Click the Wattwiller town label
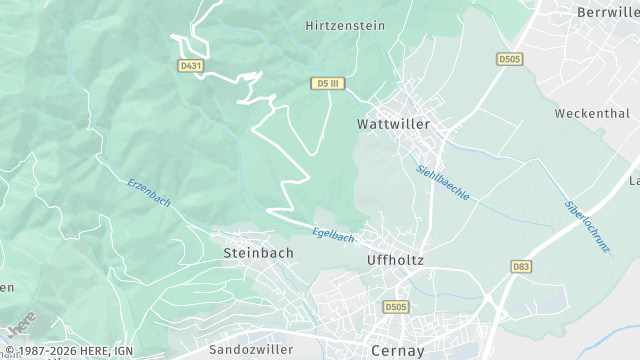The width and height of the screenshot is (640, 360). pyautogui.click(x=393, y=125)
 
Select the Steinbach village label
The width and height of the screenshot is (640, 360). pyautogui.click(x=258, y=253)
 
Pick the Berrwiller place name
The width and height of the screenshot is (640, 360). pyautogui.click(x=608, y=12)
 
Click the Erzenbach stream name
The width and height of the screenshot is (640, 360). pyautogui.click(x=149, y=193)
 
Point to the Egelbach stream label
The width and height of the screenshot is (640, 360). pyautogui.click(x=334, y=234)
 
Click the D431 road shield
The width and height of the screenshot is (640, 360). pyautogui.click(x=191, y=65)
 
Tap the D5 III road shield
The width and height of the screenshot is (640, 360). pyautogui.click(x=327, y=83)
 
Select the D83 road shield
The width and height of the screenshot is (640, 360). pyautogui.click(x=521, y=267)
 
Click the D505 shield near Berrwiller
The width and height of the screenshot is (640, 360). pyautogui.click(x=509, y=60)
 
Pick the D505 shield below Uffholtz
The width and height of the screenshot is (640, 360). pyautogui.click(x=396, y=307)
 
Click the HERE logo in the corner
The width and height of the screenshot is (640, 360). pyautogui.click(x=21, y=325)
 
